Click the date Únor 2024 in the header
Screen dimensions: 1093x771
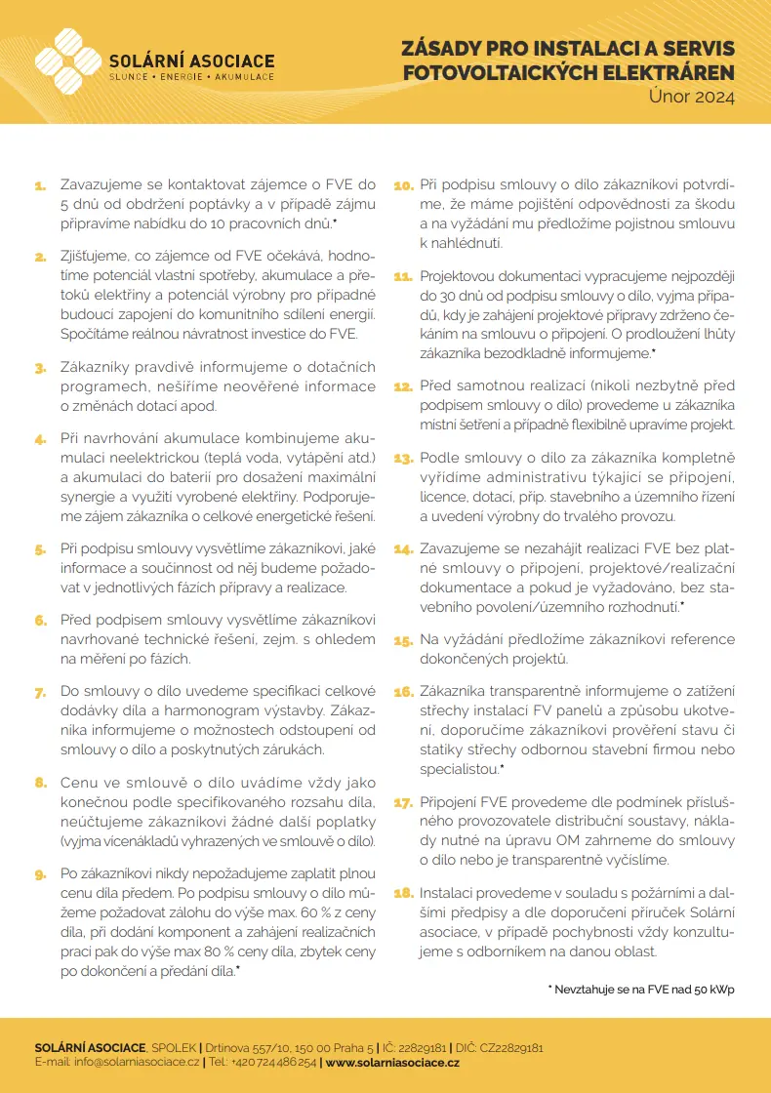(692, 97)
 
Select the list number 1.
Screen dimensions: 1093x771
(41, 184)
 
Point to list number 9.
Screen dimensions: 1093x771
(40, 875)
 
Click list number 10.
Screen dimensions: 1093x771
(403, 184)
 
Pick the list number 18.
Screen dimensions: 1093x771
(403, 893)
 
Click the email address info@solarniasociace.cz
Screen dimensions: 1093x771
(137, 1062)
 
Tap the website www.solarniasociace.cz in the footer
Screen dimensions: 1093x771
(391, 1062)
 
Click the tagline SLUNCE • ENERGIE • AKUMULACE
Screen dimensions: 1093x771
(191, 76)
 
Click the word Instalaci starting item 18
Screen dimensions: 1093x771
(448, 893)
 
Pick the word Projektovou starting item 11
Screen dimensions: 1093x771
(463, 277)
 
